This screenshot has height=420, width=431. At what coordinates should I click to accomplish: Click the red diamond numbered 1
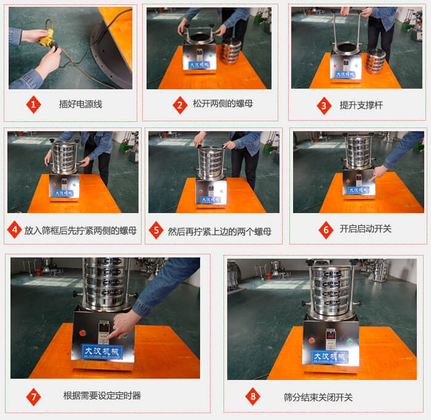point(33,105)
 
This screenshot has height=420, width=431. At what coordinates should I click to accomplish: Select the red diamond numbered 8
point(252,397)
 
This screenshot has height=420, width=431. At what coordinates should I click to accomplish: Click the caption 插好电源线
point(80,105)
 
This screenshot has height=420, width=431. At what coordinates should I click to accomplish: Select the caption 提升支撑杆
point(361,105)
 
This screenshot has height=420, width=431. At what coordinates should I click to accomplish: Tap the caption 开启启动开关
point(365,229)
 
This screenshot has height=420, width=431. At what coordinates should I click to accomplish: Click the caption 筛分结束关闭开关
point(318,397)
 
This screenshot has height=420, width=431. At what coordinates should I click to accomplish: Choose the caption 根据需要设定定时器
point(102,396)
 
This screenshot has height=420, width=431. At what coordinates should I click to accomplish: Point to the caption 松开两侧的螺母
point(222,104)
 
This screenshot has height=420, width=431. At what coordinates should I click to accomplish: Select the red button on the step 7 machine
point(79,333)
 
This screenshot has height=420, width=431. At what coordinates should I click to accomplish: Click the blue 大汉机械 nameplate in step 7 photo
point(103,352)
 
